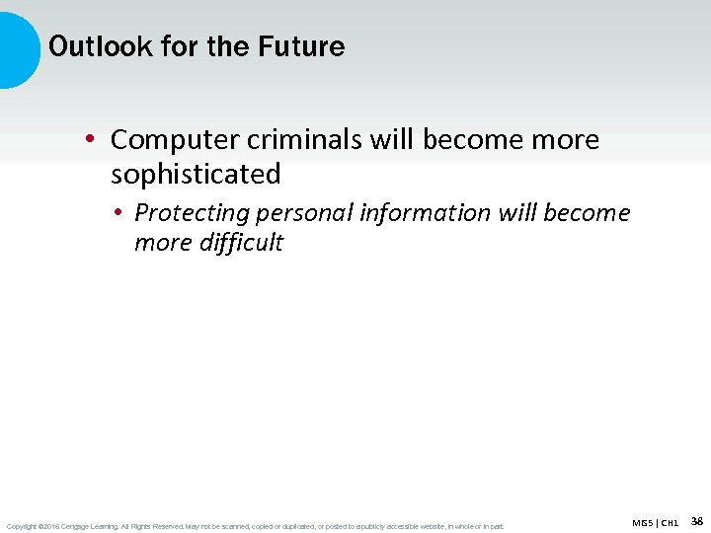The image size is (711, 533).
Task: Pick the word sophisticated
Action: click(196, 175)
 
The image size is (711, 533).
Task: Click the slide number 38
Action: click(696, 520)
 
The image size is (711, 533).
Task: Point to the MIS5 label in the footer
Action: click(643, 522)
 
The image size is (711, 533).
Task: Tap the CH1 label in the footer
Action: click(670, 522)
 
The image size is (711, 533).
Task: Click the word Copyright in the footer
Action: click(21, 526)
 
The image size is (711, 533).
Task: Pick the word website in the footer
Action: click(433, 526)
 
